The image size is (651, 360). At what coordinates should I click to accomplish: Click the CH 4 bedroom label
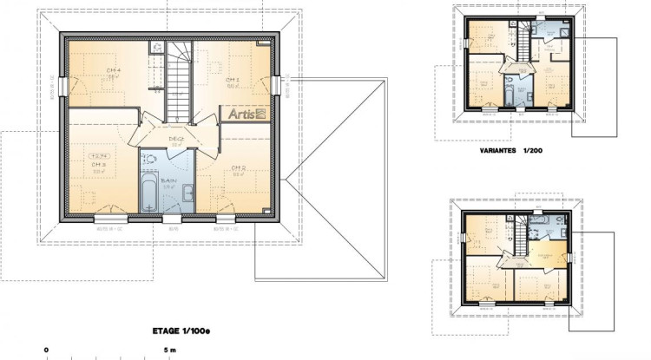coord(114,70)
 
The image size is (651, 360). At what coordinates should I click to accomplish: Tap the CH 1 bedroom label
coord(233,78)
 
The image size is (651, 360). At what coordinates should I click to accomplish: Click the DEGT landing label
coord(175,138)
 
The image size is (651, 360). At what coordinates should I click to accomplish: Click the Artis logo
coord(247,113)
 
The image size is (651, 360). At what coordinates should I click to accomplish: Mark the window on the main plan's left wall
coord(61,87)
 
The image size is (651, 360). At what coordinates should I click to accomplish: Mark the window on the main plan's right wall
coord(279,86)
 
